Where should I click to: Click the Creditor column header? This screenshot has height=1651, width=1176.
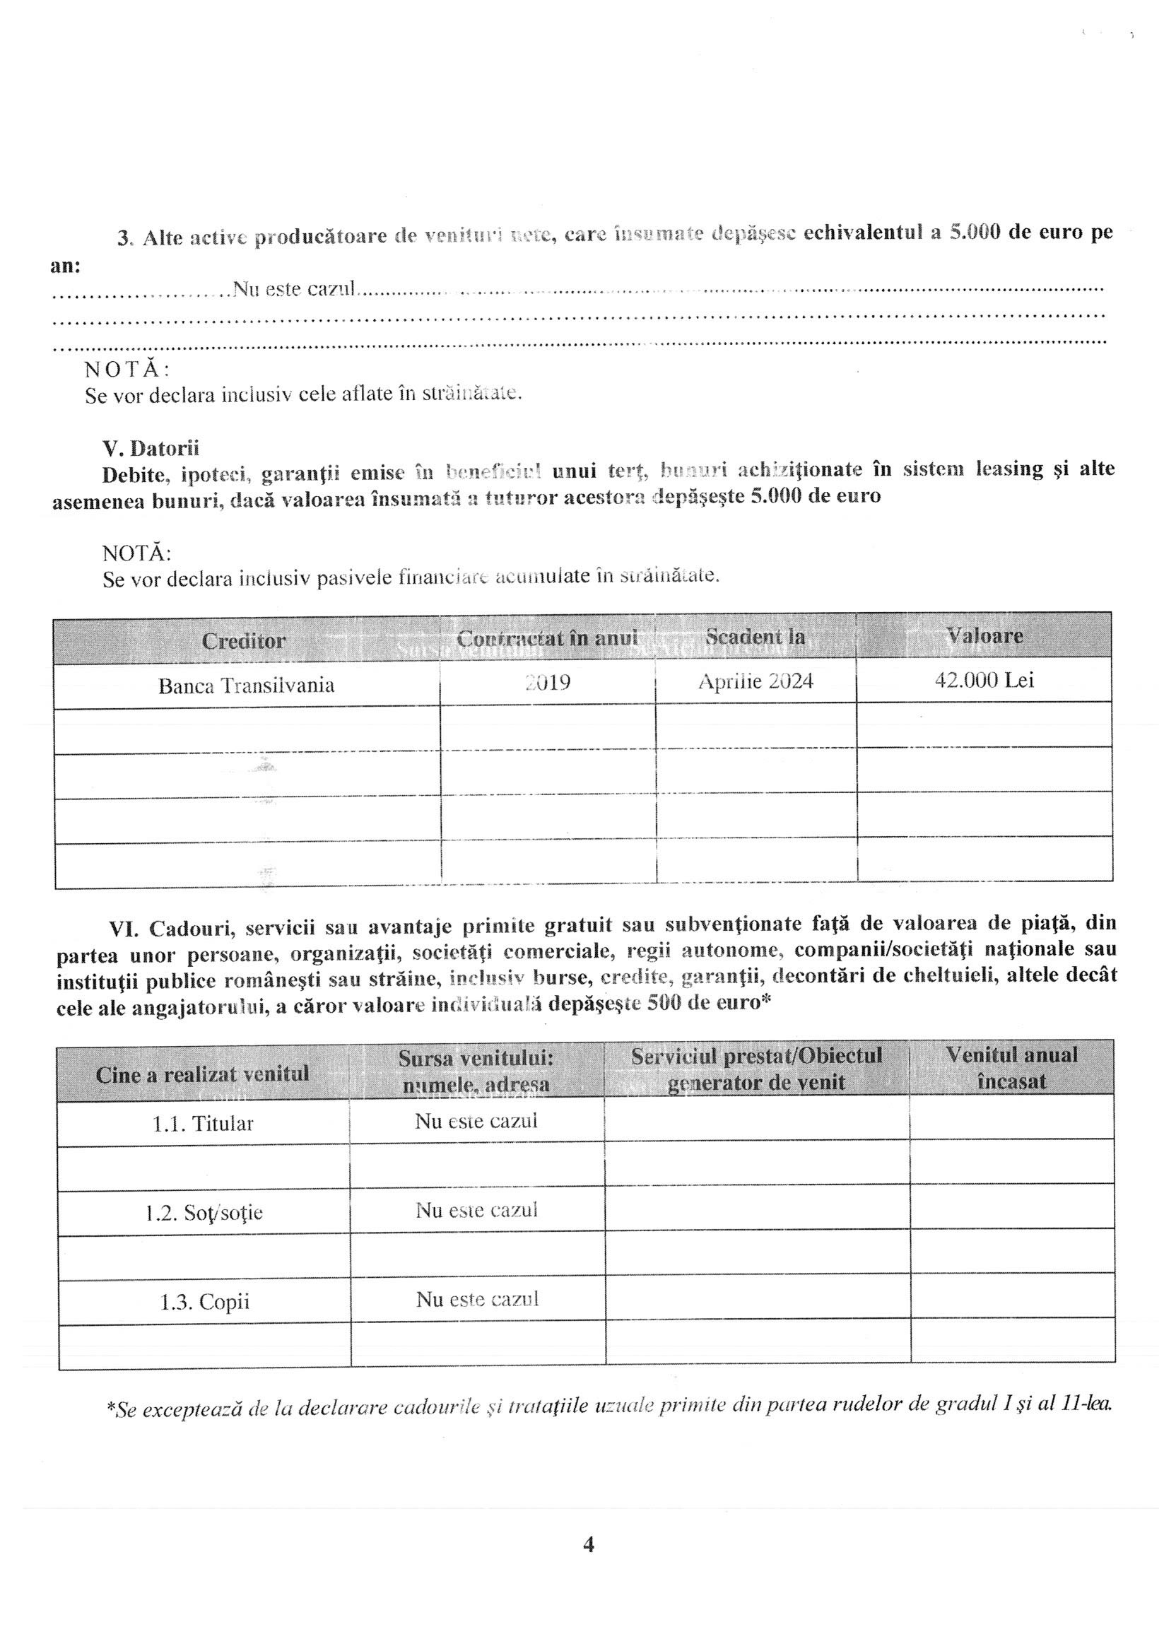(x=243, y=641)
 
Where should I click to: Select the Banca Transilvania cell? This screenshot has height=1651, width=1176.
(x=246, y=685)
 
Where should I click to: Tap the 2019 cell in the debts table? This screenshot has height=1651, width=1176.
(x=548, y=682)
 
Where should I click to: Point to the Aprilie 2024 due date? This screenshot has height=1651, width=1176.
(x=755, y=681)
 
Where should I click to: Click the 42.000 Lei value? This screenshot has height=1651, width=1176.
(x=984, y=680)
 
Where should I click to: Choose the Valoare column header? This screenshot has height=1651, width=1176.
(x=984, y=636)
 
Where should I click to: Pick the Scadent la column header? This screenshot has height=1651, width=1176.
(x=755, y=637)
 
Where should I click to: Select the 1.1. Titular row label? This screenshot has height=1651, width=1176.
(x=203, y=1124)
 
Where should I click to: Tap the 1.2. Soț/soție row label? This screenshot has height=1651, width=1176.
(x=204, y=1213)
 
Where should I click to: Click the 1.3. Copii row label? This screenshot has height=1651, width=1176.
(x=204, y=1302)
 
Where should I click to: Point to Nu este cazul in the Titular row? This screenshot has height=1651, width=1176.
(x=476, y=1122)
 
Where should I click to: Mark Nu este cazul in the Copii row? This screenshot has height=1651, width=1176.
(x=477, y=1299)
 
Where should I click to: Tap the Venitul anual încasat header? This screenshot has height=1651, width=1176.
(x=1011, y=1068)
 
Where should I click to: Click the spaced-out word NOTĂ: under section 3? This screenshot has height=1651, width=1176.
(x=127, y=370)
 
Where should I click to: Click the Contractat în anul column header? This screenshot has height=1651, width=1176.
(x=548, y=638)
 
